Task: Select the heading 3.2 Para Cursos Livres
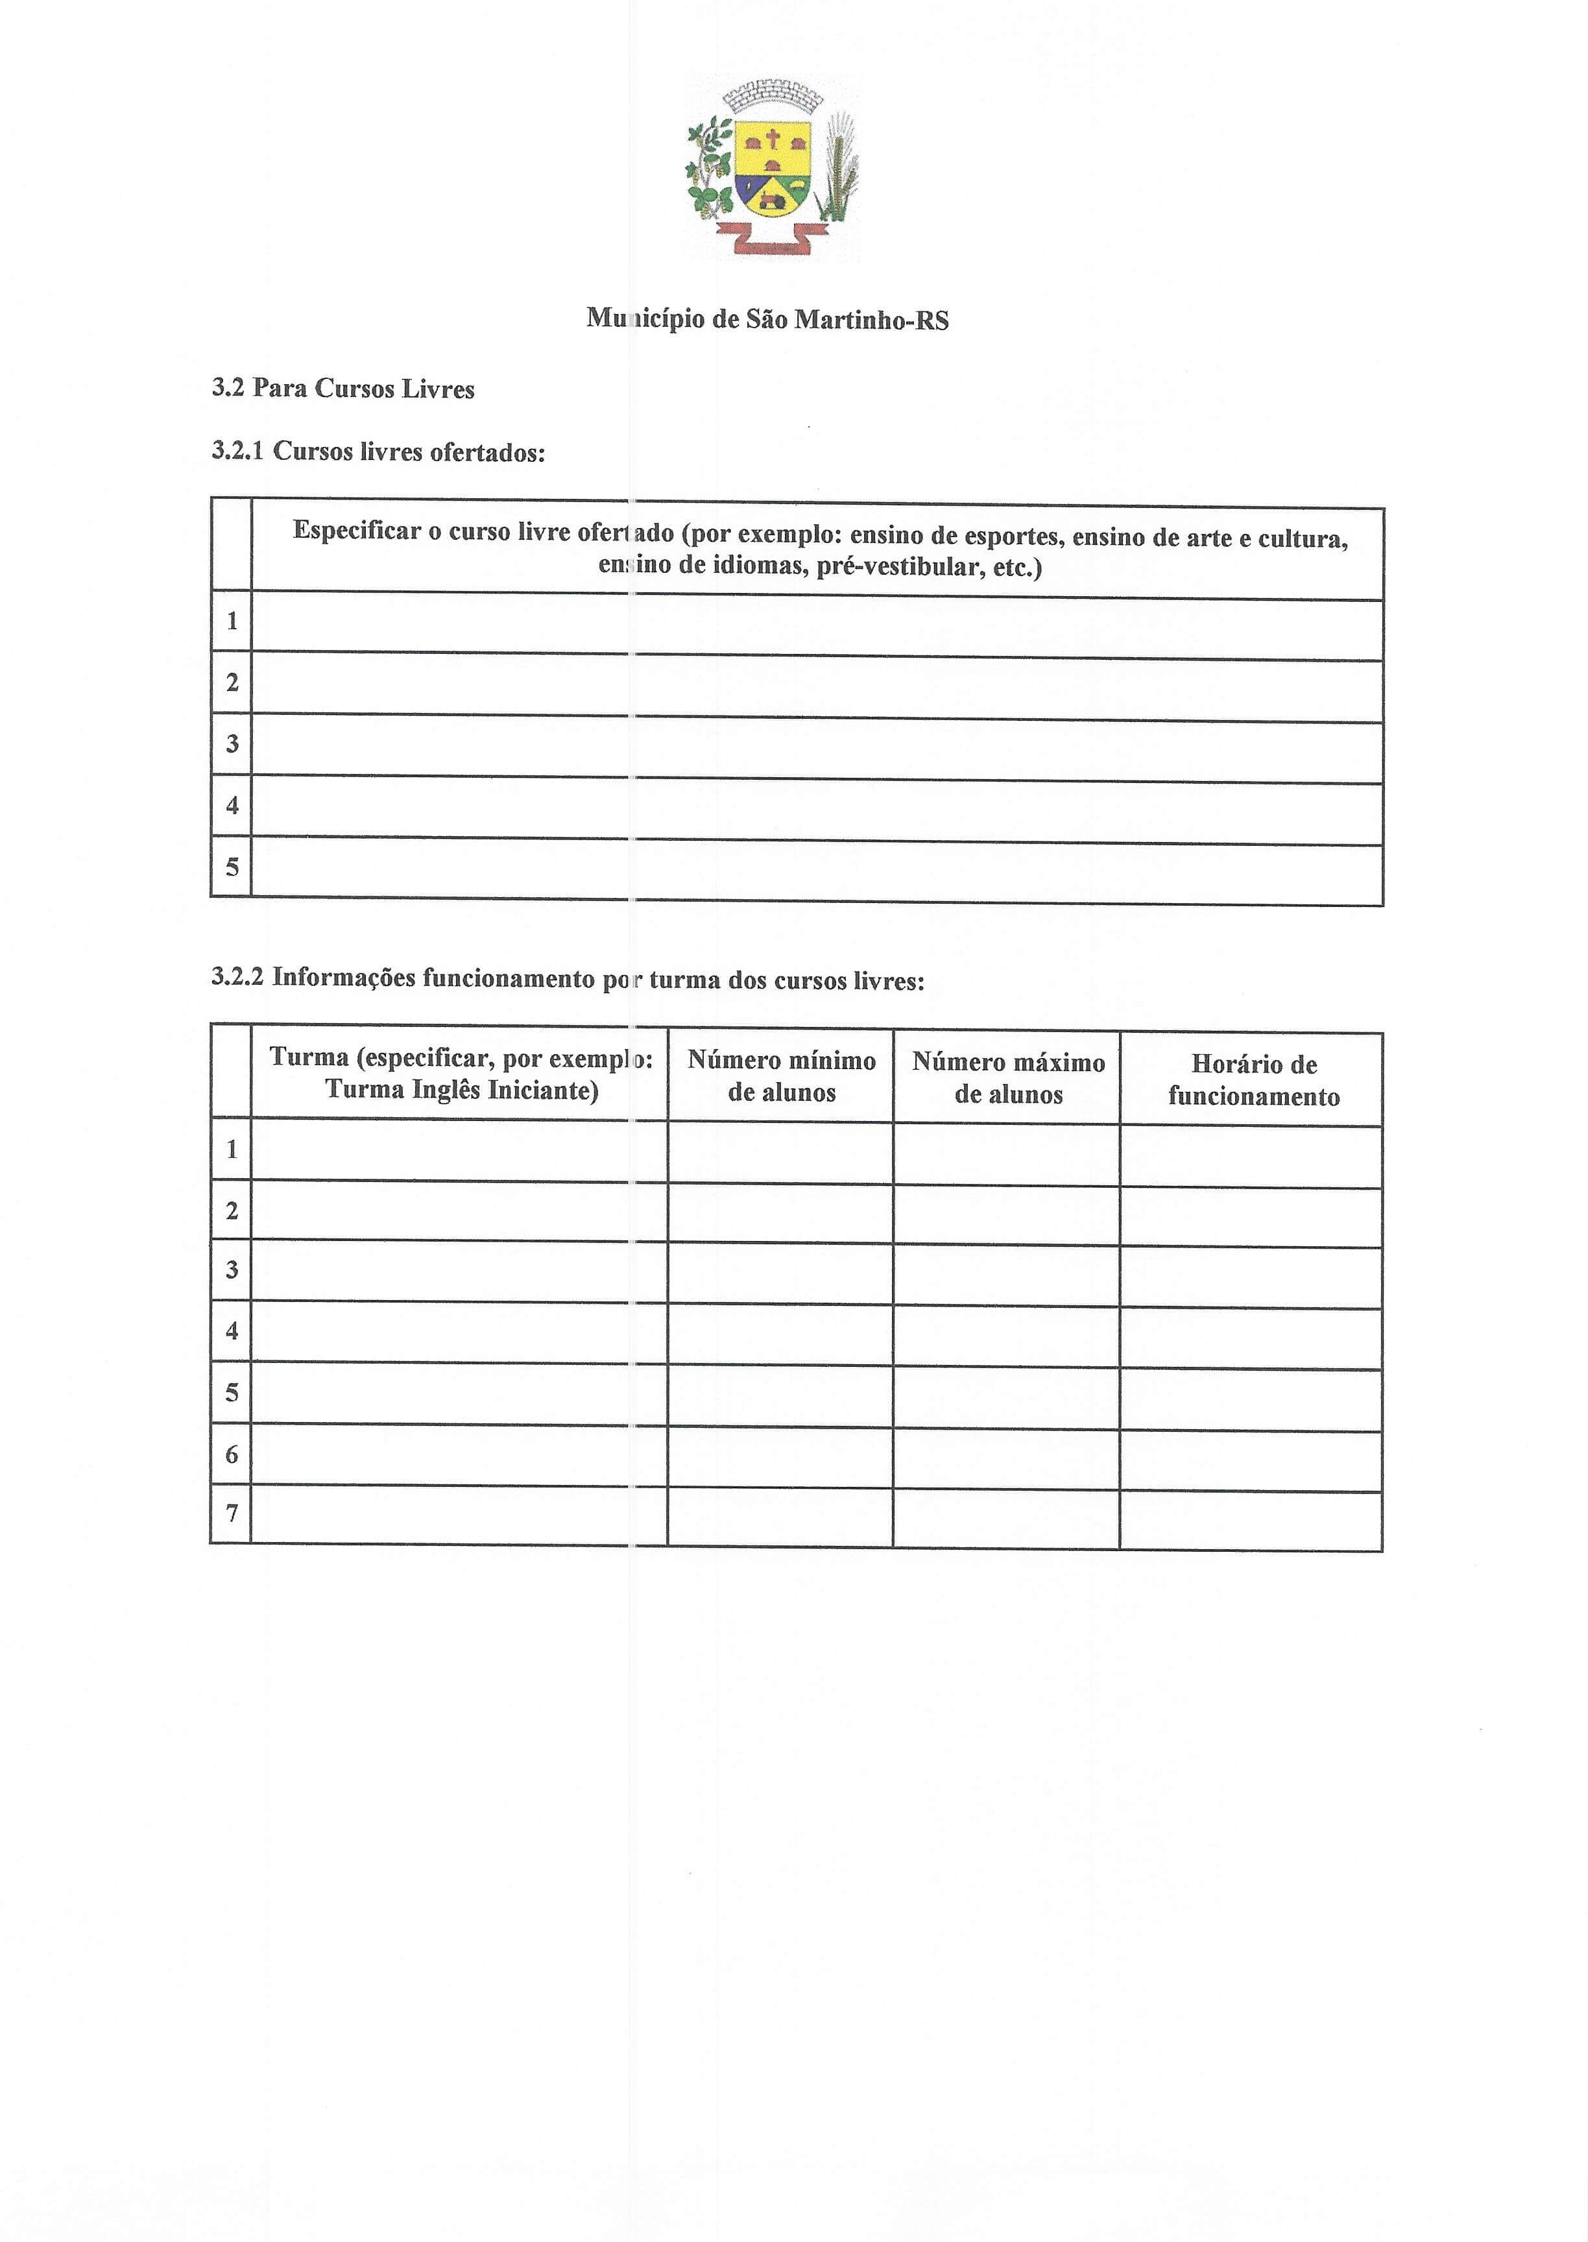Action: [343, 389]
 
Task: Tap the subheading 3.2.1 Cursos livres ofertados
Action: [378, 452]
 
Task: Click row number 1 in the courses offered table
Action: [232, 621]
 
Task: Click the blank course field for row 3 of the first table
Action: [817, 748]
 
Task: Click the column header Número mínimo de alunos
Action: [781, 1076]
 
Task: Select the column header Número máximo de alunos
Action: [1008, 1078]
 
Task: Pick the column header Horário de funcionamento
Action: [1253, 1080]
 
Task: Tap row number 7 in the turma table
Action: [232, 1513]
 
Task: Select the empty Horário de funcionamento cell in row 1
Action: [1251, 1157]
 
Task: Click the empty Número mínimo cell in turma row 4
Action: [780, 1334]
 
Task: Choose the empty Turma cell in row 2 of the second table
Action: [459, 1211]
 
